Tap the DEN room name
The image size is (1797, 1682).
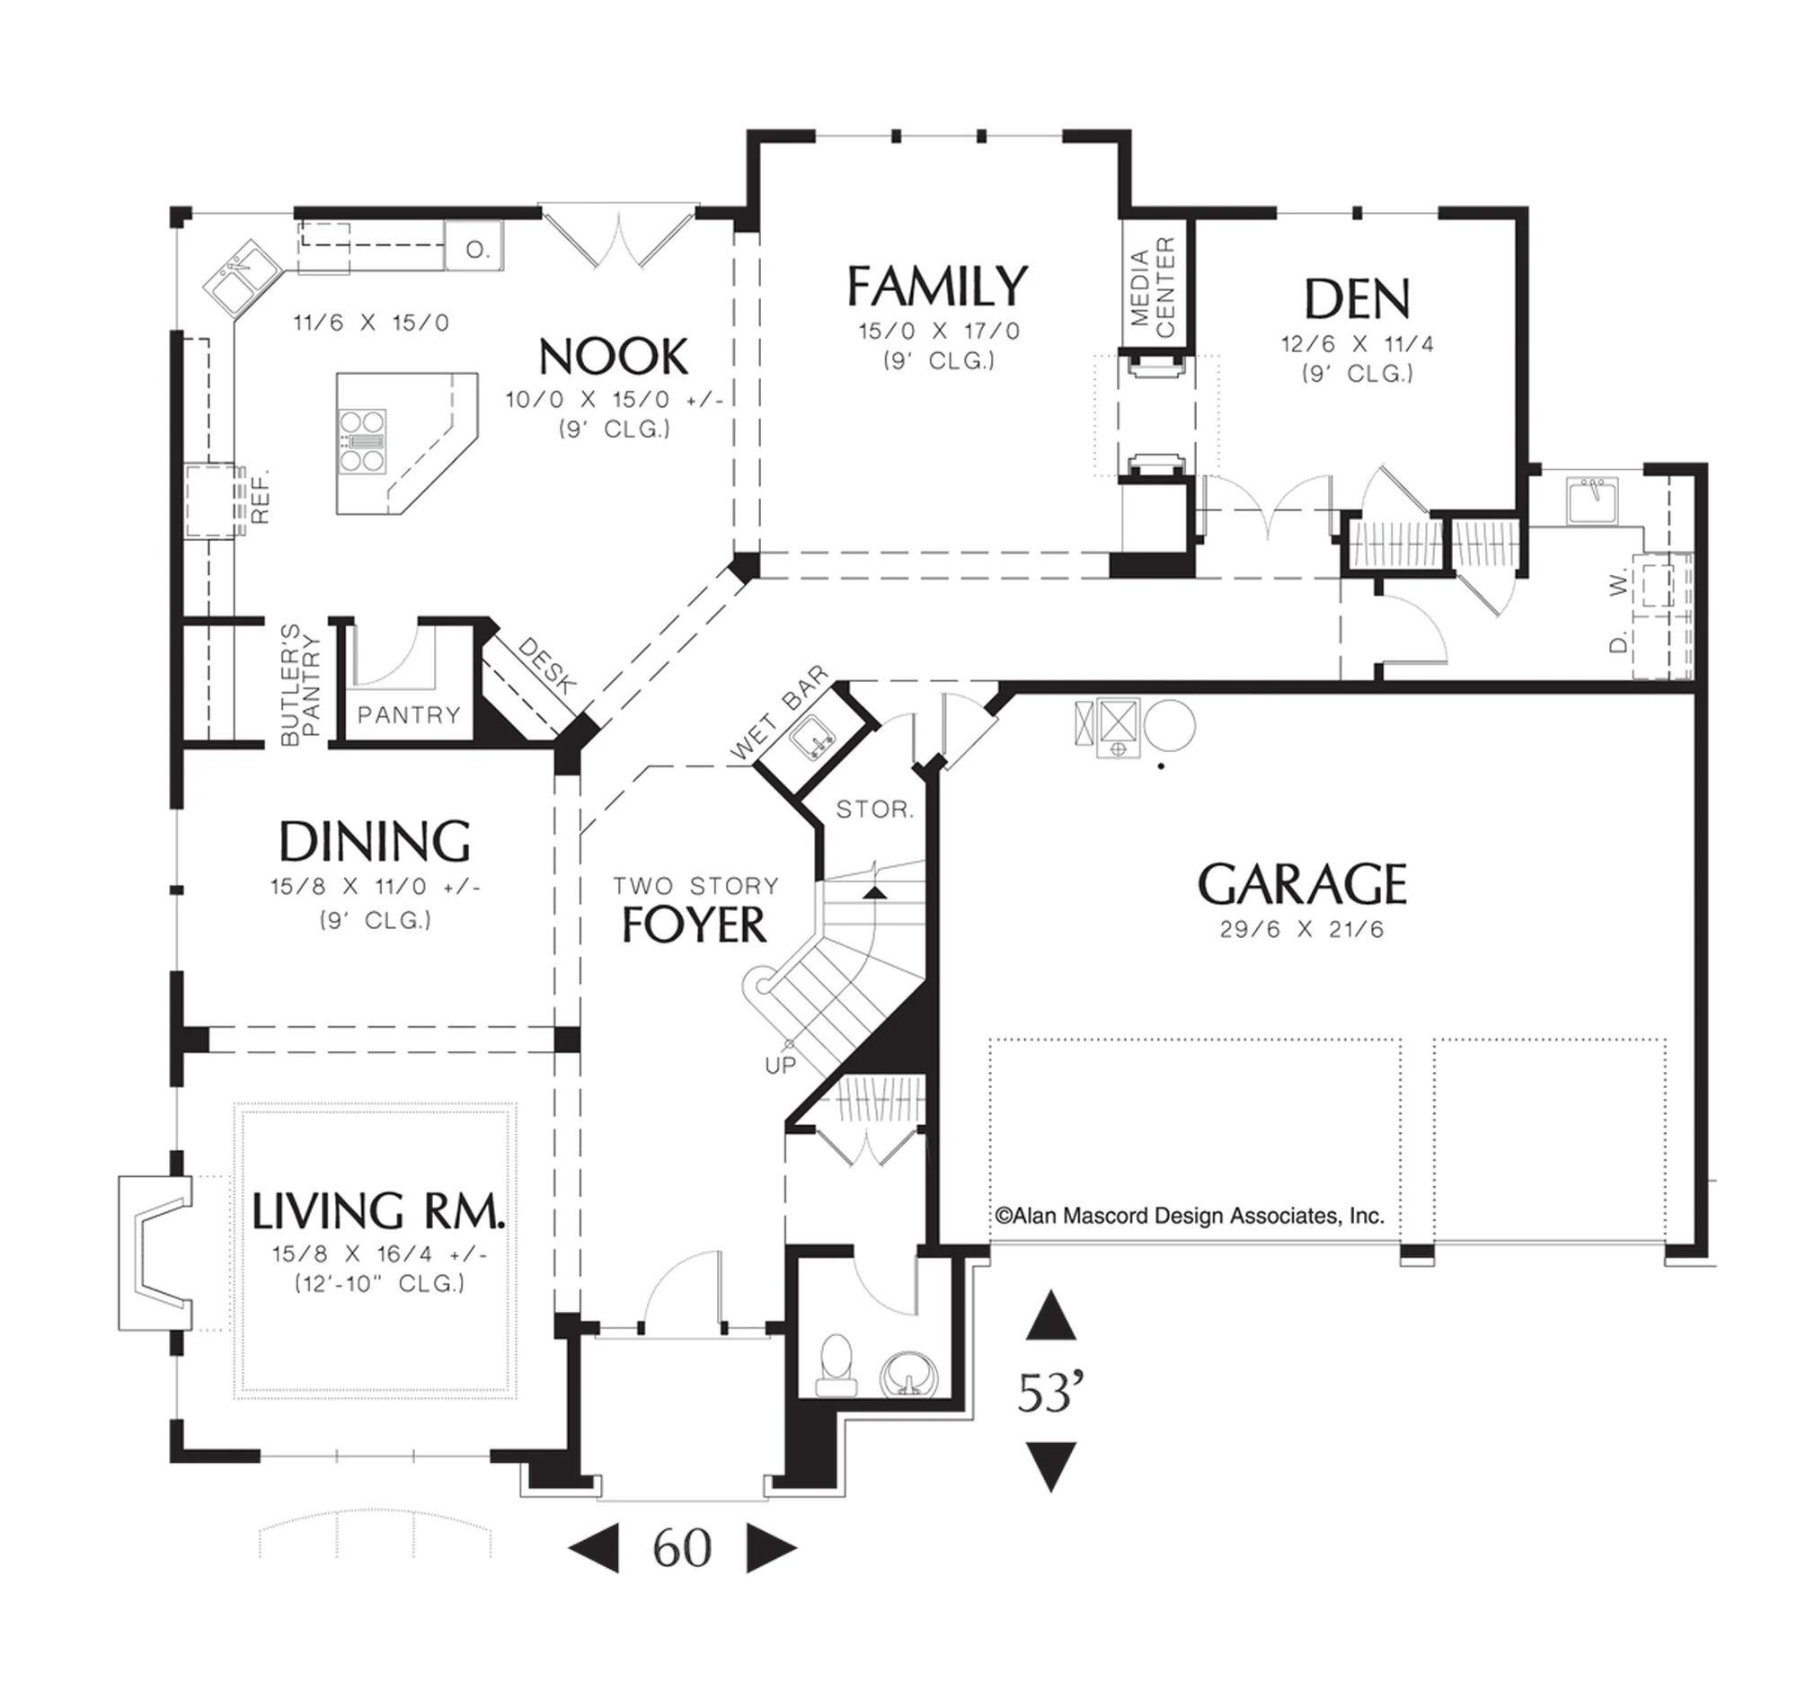pyautogui.click(x=1357, y=299)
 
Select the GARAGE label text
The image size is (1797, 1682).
pyautogui.click(x=1303, y=884)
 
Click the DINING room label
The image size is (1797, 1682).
pyautogui.click(x=374, y=842)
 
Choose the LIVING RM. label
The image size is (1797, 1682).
pyautogui.click(x=378, y=1211)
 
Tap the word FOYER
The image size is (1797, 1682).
pyautogui.click(x=695, y=925)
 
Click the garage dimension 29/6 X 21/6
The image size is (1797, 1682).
pyautogui.click(x=1302, y=930)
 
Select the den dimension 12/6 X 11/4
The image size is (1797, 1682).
pyautogui.click(x=1357, y=344)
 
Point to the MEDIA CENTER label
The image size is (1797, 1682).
pyautogui.click(x=1153, y=288)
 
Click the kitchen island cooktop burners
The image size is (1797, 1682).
pyautogui.click(x=361, y=441)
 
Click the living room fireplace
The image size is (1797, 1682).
pyautogui.click(x=155, y=1253)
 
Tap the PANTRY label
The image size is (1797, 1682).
pyautogui.click(x=409, y=715)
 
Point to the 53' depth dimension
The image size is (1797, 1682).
pyautogui.click(x=1050, y=1393)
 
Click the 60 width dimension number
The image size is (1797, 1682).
pyautogui.click(x=683, y=1549)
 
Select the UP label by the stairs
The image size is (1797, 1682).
pyautogui.click(x=780, y=1066)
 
